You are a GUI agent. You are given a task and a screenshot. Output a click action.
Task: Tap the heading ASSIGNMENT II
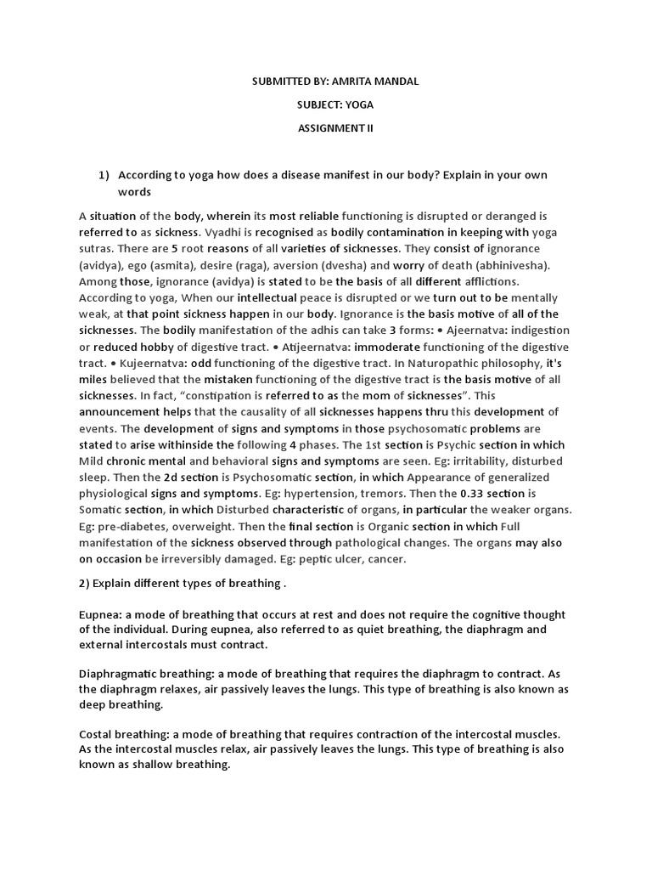click(334, 128)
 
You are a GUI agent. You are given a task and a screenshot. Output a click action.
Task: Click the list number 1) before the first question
click(104, 175)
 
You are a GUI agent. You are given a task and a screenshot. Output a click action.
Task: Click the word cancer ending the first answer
click(386, 559)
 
